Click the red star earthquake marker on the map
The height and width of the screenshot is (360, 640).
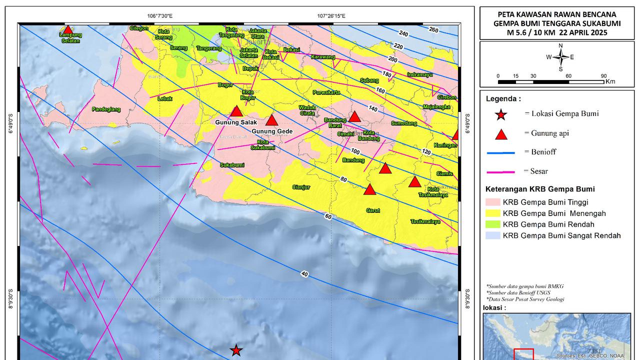(x=236, y=350)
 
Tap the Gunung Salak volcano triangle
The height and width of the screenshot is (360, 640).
(x=236, y=112)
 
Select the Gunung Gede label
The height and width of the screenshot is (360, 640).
(x=271, y=131)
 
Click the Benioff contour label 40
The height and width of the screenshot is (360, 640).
(x=304, y=273)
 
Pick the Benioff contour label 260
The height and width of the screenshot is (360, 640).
(x=433, y=30)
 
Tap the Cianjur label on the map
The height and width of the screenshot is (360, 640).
(x=301, y=187)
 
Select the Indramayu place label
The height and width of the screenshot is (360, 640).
(x=419, y=74)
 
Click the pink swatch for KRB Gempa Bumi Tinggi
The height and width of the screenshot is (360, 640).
(x=492, y=202)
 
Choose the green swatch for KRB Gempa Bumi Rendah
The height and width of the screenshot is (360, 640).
(x=492, y=224)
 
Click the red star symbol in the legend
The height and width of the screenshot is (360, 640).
(x=500, y=115)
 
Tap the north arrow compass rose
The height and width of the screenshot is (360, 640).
(x=560, y=57)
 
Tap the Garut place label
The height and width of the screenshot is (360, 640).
(x=373, y=210)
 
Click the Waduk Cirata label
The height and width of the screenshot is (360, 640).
(x=307, y=110)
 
